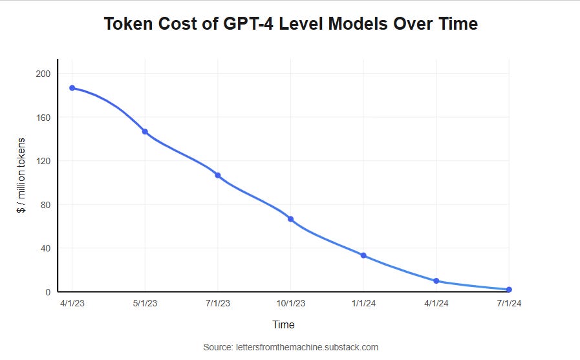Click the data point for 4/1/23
[x=72, y=88]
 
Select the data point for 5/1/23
[x=145, y=132]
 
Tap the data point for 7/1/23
[x=218, y=175]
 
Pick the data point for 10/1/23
[x=290, y=219]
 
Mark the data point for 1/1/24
[x=363, y=255]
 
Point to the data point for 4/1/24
[x=436, y=281]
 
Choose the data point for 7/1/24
[x=509, y=290]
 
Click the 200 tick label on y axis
[x=43, y=74]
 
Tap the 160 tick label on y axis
[x=43, y=118]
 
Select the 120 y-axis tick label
[x=43, y=161]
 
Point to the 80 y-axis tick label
[x=45, y=205]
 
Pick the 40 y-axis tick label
[x=45, y=248]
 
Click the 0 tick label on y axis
[x=48, y=292]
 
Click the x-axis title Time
[x=283, y=324]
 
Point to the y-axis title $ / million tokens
[x=21, y=176]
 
